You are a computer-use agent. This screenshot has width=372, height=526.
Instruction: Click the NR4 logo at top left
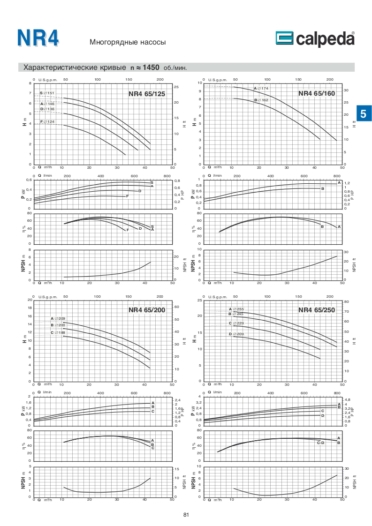[38, 38]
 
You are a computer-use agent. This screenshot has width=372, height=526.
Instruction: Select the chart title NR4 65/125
[147, 94]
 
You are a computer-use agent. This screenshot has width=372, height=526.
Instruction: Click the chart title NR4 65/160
[317, 93]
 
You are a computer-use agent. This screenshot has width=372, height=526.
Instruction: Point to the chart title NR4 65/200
[147, 310]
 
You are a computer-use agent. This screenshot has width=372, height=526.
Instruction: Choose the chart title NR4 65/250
[317, 309]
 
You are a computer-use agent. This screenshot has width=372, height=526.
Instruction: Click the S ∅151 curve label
[47, 93]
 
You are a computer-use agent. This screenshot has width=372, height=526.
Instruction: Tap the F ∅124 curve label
[47, 122]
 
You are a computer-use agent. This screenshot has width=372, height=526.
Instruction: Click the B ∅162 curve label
[261, 100]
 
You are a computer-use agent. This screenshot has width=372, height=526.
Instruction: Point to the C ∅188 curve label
[58, 332]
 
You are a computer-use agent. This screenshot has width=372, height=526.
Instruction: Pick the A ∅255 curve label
[236, 309]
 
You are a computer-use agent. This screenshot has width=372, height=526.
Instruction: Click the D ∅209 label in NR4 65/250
[236, 334]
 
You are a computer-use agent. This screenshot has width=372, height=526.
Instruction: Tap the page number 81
[186, 515]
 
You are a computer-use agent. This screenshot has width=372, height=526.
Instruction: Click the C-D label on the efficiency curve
[321, 443]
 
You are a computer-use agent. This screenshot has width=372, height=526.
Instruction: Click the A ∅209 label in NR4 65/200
[58, 319]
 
